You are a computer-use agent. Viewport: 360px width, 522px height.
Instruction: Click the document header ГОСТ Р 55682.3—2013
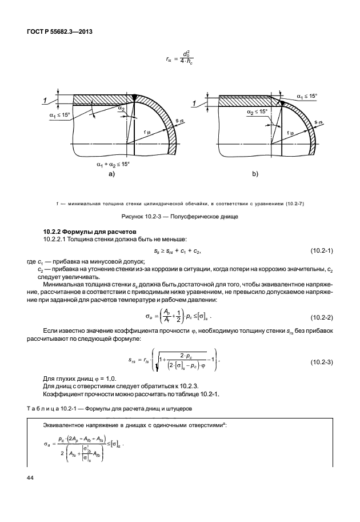[59, 32]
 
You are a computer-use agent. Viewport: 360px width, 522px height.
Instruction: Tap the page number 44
[30, 478]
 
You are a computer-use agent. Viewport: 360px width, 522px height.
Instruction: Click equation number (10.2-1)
[322, 250]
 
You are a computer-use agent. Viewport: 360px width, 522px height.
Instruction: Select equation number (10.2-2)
[322, 317]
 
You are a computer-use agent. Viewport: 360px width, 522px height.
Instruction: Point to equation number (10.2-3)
[322, 362]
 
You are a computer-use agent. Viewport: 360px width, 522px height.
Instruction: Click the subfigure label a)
[111, 174]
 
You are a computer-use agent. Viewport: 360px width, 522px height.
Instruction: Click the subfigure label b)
[255, 174]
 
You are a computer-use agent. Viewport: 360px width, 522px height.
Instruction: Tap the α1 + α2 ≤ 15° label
[113, 164]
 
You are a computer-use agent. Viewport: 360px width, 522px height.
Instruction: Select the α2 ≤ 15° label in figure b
[257, 111]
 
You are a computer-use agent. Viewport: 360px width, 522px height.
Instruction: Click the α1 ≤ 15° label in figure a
[59, 115]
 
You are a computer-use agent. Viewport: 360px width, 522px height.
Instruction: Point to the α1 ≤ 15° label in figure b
[307, 96]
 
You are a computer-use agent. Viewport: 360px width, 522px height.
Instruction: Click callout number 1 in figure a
[45, 100]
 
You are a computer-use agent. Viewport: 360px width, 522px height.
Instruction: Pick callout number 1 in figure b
[194, 104]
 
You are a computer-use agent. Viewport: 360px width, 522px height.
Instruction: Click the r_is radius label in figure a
[147, 132]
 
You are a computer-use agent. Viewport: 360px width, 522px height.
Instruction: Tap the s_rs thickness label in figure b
[318, 122]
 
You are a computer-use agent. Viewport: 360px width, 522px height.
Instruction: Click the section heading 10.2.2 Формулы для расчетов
[90, 232]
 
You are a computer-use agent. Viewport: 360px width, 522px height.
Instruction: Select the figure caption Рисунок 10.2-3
[179, 217]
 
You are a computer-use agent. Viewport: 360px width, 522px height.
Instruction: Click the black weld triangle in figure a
[134, 97]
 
